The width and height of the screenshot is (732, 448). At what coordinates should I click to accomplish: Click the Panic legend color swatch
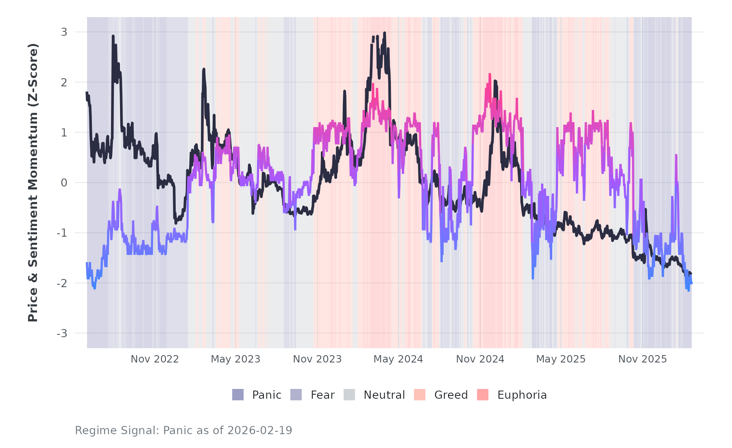(x=238, y=395)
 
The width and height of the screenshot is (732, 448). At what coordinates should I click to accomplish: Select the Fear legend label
(x=322, y=395)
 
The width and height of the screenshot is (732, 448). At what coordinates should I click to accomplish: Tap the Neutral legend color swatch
(x=349, y=395)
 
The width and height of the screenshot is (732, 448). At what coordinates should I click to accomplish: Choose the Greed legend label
(x=451, y=395)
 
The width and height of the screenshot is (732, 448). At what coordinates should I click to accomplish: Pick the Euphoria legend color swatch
(x=483, y=395)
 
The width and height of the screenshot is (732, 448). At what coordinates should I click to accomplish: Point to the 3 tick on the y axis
(x=64, y=32)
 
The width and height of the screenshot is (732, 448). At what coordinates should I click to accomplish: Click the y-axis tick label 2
(x=64, y=82)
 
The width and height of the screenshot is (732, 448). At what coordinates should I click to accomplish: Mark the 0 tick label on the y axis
(x=64, y=183)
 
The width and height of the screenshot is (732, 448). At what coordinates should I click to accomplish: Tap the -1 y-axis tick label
(x=62, y=233)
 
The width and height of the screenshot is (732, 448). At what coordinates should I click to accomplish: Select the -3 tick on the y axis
(x=62, y=334)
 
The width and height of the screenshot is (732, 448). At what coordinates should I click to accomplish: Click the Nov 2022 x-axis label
(x=155, y=359)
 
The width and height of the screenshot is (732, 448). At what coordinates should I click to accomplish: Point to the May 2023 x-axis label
(x=235, y=359)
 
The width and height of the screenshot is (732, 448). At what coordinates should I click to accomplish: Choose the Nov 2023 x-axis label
(x=317, y=359)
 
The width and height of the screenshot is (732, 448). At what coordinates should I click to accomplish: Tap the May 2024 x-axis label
(x=398, y=359)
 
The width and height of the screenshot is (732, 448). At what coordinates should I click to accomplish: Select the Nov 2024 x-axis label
(x=480, y=359)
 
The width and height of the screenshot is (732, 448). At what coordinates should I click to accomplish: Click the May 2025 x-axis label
(x=561, y=359)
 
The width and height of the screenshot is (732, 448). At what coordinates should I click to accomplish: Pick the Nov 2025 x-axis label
(x=643, y=359)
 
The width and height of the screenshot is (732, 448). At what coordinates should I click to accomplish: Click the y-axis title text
(x=33, y=182)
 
